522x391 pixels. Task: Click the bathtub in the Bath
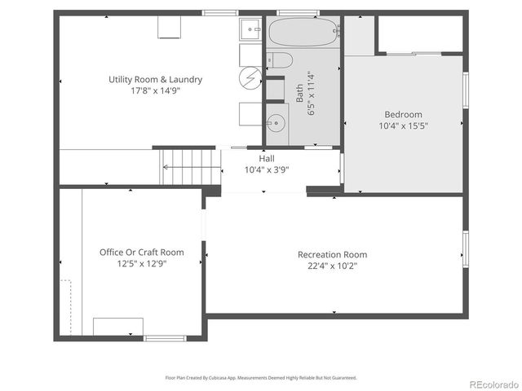point(302,33)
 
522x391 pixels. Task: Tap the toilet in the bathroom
point(276,59)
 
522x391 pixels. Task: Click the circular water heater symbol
point(250,78)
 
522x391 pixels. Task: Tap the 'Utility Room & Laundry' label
point(156,80)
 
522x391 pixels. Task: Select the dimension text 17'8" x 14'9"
point(156,91)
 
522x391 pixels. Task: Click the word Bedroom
point(403,115)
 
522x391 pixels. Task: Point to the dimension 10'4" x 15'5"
point(403,126)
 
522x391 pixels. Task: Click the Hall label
point(267,158)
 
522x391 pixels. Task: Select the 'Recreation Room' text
point(332,254)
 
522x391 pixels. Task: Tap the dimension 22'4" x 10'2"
point(332,266)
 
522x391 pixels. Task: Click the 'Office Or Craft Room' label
point(142,253)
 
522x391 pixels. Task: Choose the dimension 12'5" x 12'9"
point(142,264)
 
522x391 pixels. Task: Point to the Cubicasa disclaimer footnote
point(261,378)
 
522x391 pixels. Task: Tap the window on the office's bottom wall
point(165,338)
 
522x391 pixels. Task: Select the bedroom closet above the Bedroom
point(420,34)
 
